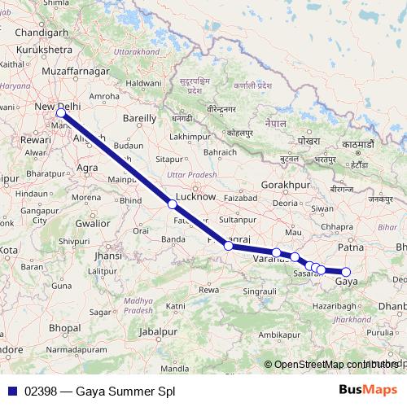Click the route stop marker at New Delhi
click(x=60, y=114)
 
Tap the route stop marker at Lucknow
click(x=172, y=204)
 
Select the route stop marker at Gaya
click(x=346, y=272)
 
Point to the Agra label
click(x=88, y=168)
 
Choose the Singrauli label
click(x=261, y=289)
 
